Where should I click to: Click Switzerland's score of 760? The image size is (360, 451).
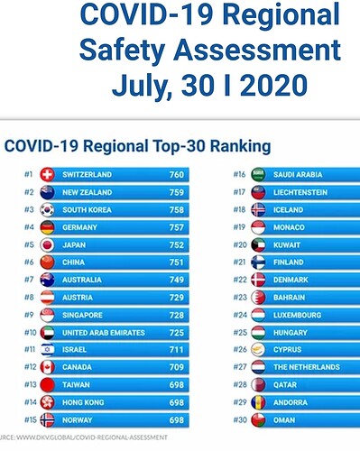tap(176, 174)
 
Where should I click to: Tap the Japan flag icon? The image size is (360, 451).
tap(47, 244)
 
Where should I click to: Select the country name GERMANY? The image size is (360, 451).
tap(79, 227)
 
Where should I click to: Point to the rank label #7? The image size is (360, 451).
tap(29, 280)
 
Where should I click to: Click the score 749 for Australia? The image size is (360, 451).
tap(176, 280)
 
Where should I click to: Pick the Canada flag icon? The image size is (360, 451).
tap(47, 367)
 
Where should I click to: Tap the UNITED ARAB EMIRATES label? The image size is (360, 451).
tap(104, 333)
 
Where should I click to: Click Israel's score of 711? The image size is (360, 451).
tap(176, 350)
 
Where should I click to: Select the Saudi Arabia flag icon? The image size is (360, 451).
tap(258, 174)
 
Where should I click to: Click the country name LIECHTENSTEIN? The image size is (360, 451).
tap(300, 192)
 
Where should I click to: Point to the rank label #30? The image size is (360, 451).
tap(240, 419)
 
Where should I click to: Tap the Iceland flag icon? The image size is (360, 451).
tap(258, 210)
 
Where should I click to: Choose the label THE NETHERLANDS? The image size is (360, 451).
tap(307, 367)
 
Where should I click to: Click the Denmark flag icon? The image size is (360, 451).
tap(258, 280)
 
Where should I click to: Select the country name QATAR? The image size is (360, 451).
tap(285, 385)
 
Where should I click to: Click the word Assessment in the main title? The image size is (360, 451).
tap(257, 50)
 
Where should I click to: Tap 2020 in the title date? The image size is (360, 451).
tap(273, 85)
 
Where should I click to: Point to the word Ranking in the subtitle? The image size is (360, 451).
tap(241, 147)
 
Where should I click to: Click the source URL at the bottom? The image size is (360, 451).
tap(84, 437)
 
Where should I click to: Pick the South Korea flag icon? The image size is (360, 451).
tap(47, 210)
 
